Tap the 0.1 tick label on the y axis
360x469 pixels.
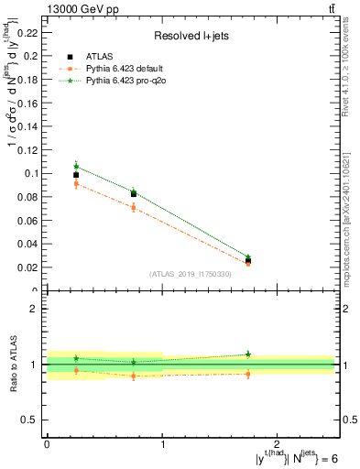pyautogui.click(x=30, y=173)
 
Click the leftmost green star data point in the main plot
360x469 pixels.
pyautogui.click(x=76, y=166)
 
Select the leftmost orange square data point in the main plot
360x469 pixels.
pyautogui.click(x=76, y=184)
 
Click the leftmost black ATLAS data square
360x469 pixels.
pyautogui.click(x=76, y=175)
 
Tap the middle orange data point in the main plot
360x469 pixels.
pyautogui.click(x=134, y=208)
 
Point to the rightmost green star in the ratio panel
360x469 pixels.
pyautogui.click(x=248, y=354)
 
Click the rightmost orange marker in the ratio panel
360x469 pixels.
pyautogui.click(x=248, y=374)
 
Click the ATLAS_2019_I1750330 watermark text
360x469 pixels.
pyautogui.click(x=190, y=274)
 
